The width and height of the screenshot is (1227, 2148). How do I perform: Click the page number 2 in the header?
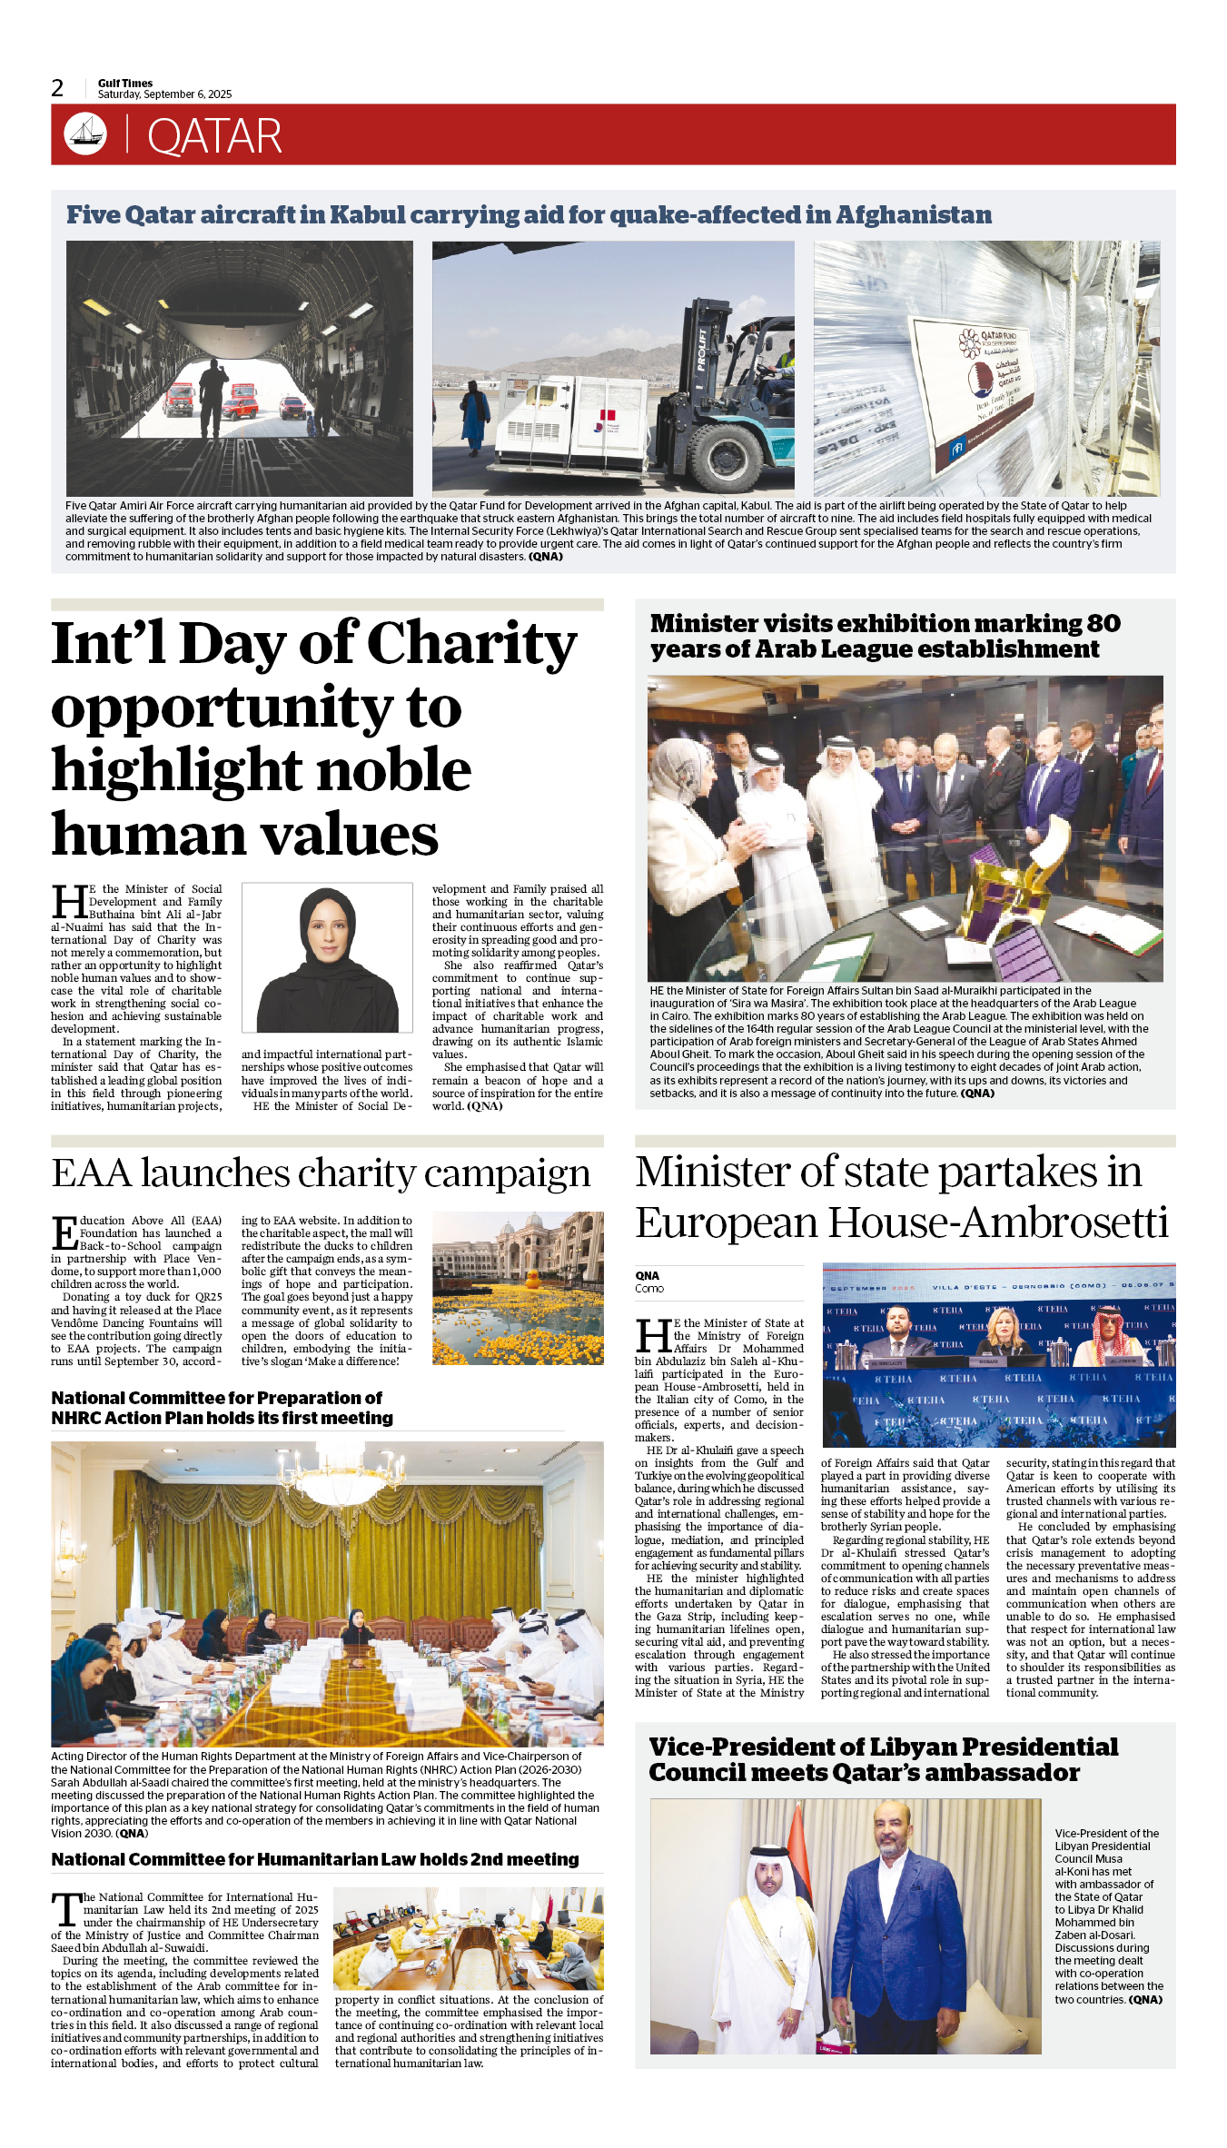[57, 87]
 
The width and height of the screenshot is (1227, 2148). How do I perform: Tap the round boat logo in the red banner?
[85, 134]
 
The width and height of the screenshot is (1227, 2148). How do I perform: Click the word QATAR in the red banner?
[214, 136]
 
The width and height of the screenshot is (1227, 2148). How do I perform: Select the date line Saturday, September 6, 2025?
[164, 94]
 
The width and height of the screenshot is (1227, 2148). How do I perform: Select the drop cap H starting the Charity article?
[69, 902]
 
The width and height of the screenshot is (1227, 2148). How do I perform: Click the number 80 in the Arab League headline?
[1103, 624]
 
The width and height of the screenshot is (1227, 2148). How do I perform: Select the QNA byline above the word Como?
[647, 1275]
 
